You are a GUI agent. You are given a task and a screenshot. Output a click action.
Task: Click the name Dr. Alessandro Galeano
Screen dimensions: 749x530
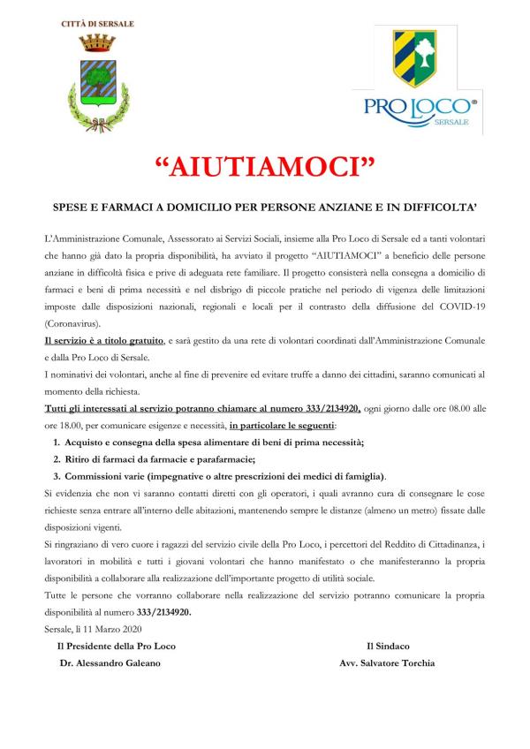pos(110,662)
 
